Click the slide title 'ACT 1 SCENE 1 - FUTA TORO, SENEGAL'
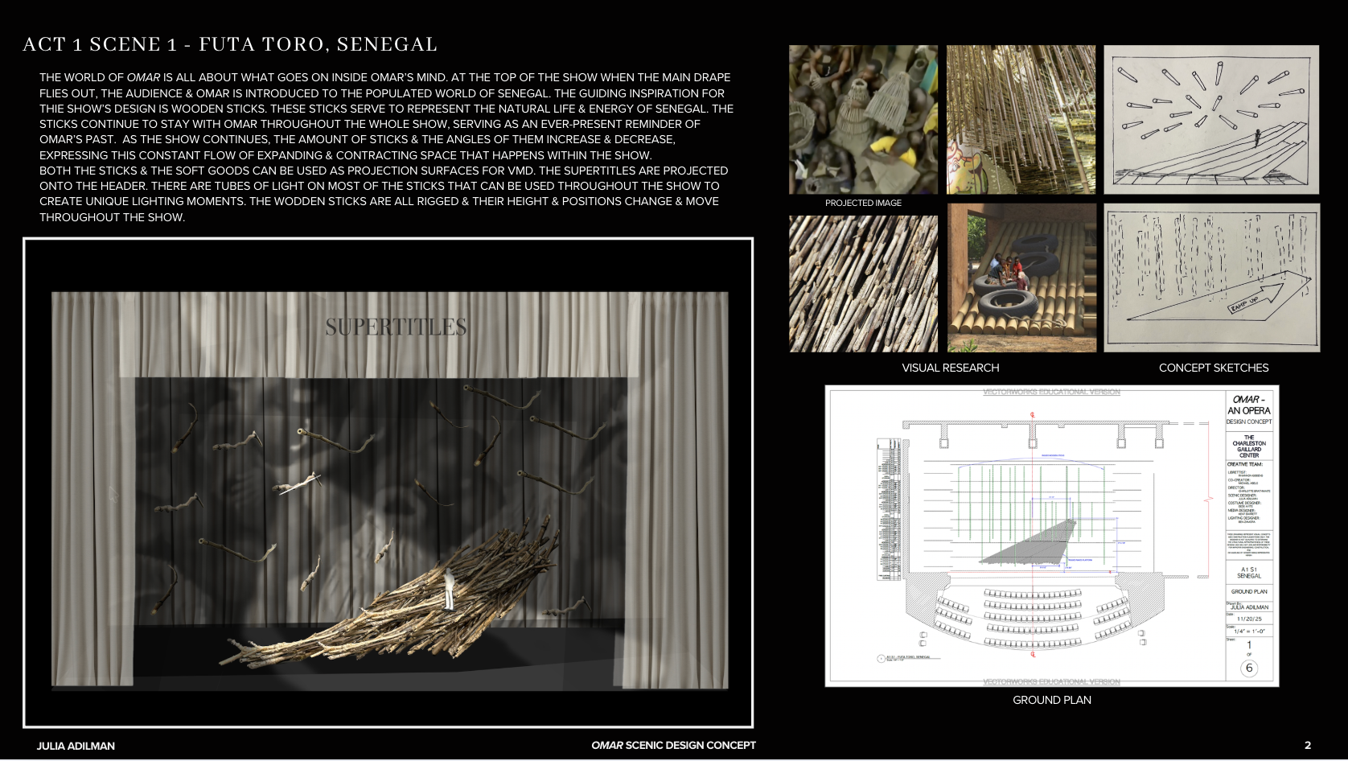pos(230,44)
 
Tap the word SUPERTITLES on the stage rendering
pos(396,327)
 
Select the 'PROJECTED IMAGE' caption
pos(863,203)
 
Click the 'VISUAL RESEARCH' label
pos(950,368)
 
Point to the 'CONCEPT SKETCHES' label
pos(1213,368)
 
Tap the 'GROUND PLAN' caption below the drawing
pos(1051,700)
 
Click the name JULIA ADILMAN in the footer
pos(76,746)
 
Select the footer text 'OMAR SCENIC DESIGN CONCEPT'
pos(673,746)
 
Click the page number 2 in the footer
pos(1307,746)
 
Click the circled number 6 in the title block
pos(1248,668)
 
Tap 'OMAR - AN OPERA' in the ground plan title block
pos(1248,405)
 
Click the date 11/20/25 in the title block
pos(1249,619)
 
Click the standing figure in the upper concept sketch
pos(1257,137)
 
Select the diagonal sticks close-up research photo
pos(863,283)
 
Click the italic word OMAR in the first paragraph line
pos(143,77)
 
